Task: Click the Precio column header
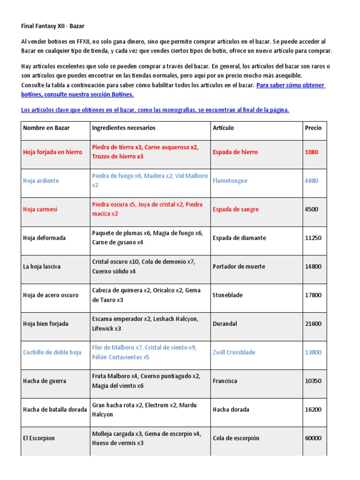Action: pos(313,127)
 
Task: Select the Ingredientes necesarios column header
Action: pos(124,127)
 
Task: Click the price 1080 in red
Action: pos(311,152)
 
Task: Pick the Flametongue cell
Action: pos(230,180)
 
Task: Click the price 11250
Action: pos(313,238)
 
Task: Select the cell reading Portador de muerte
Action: pos(239,266)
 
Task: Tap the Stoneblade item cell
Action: pos(228,295)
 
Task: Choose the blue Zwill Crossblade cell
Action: pos(235,352)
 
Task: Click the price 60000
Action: pos(313,438)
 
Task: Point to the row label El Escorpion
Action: pos(39,438)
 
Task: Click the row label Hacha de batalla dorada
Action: pos(55,409)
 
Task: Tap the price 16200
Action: pos(313,409)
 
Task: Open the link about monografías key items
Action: pos(155,110)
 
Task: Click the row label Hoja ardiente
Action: pos(41,180)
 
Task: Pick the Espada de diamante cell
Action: pos(239,238)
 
